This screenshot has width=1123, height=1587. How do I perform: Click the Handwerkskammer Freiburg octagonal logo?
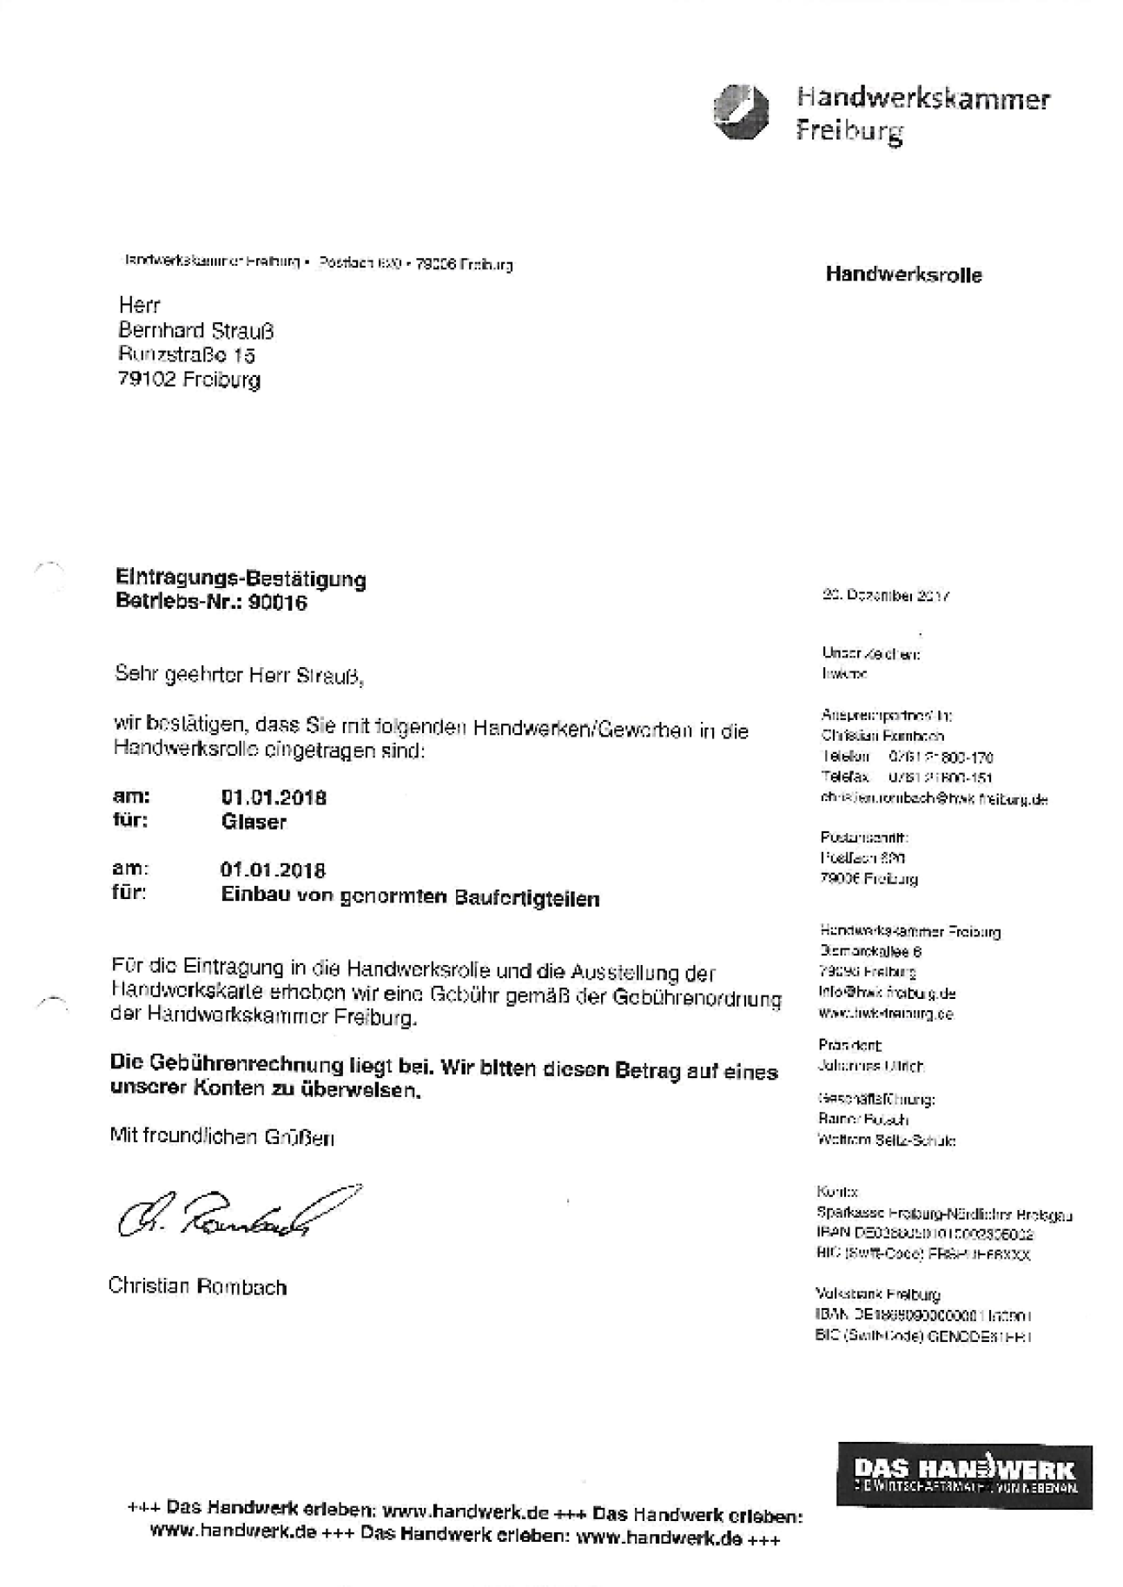[742, 112]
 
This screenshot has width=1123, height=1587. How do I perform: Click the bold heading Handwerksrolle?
[903, 275]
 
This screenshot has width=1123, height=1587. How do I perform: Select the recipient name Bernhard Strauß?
[196, 331]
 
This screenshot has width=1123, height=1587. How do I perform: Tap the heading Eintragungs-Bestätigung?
[241, 579]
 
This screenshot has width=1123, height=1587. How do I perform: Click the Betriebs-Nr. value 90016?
[277, 603]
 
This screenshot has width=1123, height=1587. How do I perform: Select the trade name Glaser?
[254, 822]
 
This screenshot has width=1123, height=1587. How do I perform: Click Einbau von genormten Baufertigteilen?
[410, 898]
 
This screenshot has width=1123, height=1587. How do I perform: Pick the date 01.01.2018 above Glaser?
[274, 797]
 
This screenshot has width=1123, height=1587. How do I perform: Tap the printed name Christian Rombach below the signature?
[197, 1286]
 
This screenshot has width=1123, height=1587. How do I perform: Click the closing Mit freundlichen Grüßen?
[221, 1136]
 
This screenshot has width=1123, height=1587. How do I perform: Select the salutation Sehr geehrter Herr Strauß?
[239, 675]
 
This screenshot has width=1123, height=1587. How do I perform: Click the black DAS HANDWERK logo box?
[964, 1476]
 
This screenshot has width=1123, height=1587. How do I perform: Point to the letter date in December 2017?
[885, 597]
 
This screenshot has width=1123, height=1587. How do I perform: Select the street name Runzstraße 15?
[187, 355]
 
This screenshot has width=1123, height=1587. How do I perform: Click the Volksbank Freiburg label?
[878, 1294]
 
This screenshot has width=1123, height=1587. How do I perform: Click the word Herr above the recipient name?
[140, 306]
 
